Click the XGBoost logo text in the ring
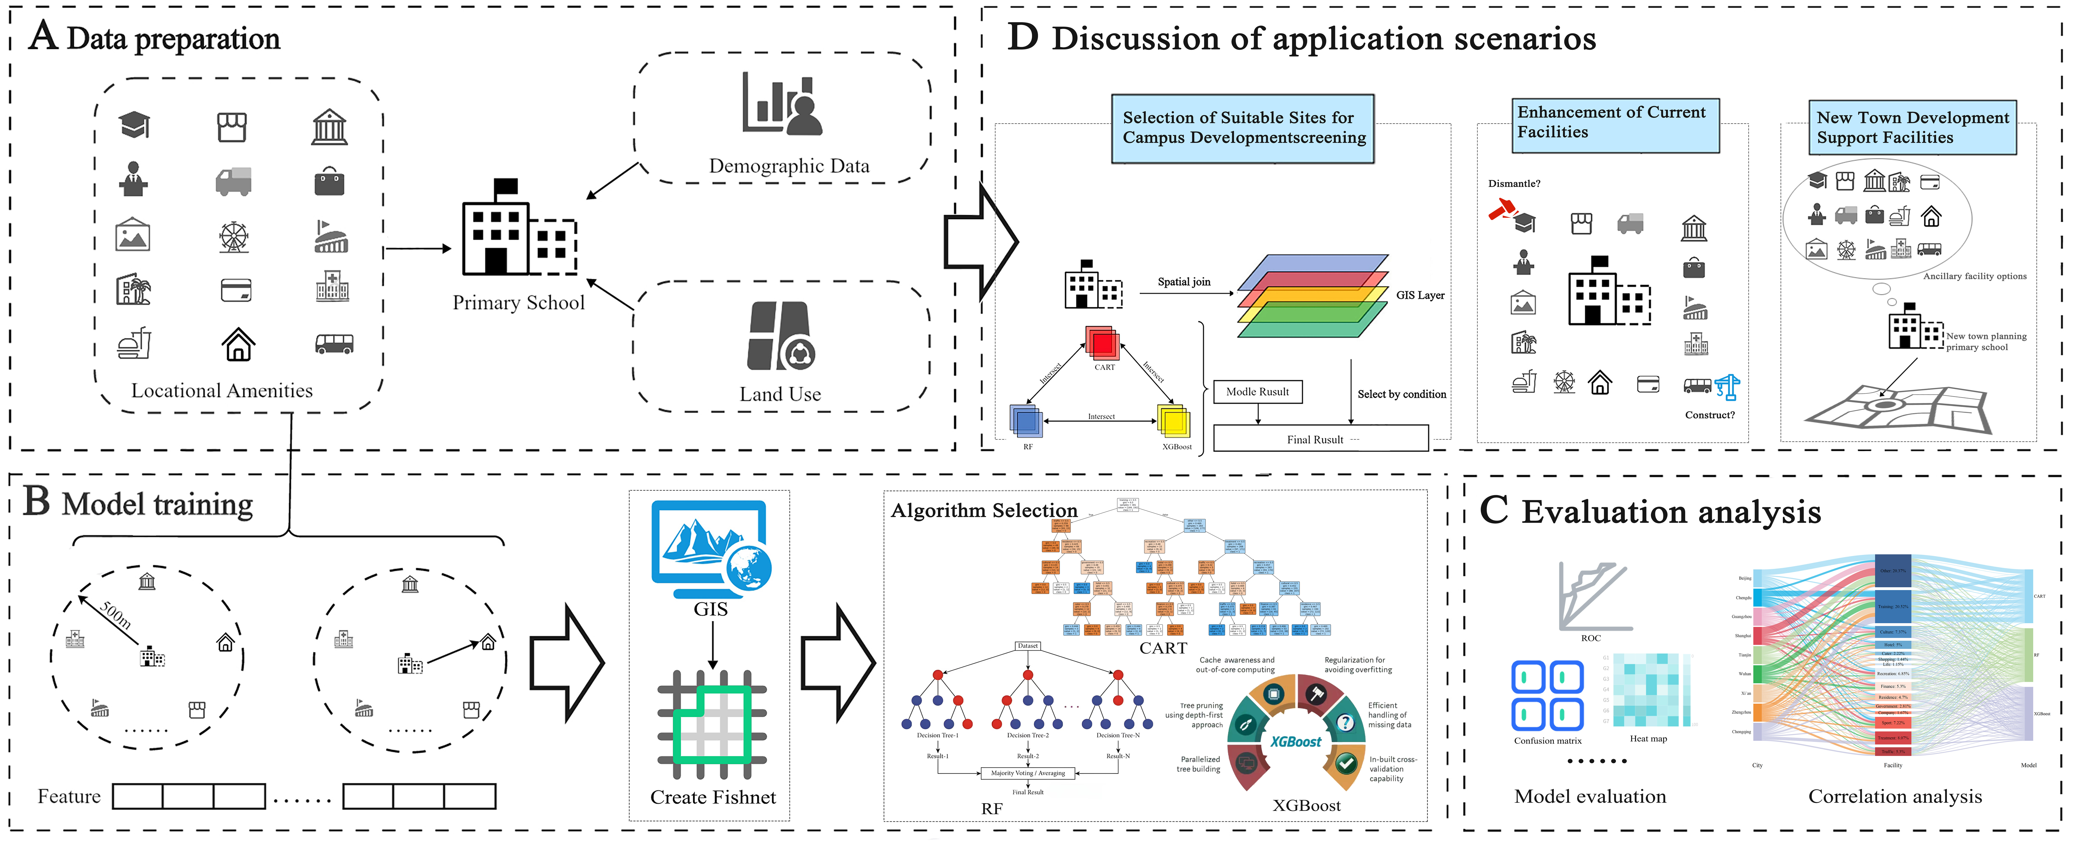[x=1295, y=741]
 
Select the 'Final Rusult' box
[x=1320, y=439]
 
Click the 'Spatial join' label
[x=1183, y=282]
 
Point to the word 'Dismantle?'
[x=1514, y=184]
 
